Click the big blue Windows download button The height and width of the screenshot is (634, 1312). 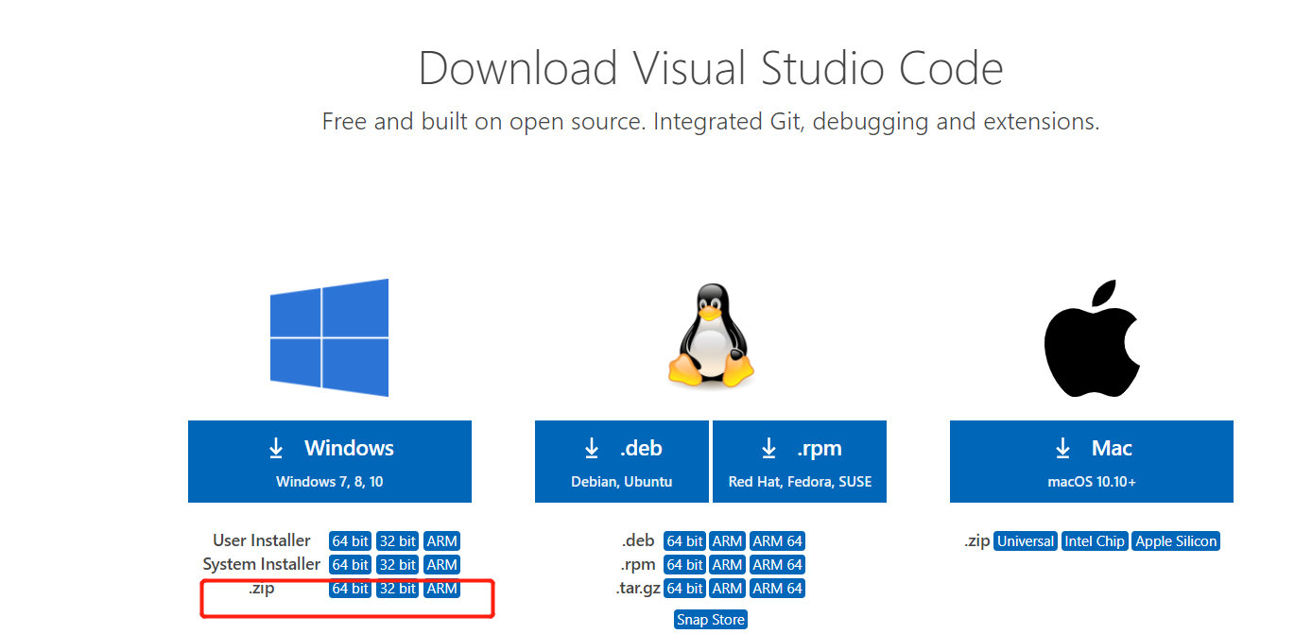(329, 461)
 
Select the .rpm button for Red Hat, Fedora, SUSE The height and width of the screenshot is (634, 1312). (800, 461)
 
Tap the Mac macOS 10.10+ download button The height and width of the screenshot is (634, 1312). (1091, 461)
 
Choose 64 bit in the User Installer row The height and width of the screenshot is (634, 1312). (350, 541)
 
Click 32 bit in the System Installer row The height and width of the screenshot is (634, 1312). (397, 565)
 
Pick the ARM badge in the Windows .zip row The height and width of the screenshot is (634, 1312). (441, 589)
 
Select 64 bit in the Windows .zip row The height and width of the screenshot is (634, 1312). (350, 589)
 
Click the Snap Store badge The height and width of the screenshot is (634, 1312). (711, 620)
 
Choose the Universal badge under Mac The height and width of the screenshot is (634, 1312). (1025, 541)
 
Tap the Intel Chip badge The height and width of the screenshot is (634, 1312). (1095, 541)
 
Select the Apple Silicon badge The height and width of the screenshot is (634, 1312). (1176, 541)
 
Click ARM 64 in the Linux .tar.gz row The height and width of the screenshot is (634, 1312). (777, 589)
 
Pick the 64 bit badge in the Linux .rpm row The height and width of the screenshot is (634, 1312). (684, 565)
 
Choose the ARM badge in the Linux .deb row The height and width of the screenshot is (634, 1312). (727, 541)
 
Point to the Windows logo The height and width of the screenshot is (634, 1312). (329, 337)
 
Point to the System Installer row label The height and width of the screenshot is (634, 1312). (261, 564)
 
